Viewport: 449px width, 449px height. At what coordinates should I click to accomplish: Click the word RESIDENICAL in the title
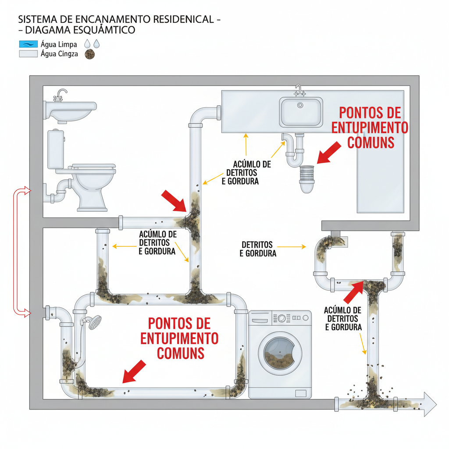click(182, 20)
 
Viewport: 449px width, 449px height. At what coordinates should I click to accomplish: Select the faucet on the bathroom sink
click(61, 94)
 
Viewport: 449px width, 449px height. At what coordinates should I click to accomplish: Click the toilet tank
click(56, 149)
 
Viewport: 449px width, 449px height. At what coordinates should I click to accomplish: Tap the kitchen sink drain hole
click(300, 105)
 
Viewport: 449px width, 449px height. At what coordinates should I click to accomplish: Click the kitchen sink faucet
click(300, 90)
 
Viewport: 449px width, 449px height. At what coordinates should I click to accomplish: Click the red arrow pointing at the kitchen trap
click(328, 153)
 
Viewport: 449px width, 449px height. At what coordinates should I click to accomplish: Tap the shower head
click(94, 323)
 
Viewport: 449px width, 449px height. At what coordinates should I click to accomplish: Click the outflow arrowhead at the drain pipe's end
click(428, 402)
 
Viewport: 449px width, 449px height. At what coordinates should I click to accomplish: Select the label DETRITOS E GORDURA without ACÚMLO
click(258, 249)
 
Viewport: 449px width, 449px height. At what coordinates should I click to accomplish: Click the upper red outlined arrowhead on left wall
click(27, 190)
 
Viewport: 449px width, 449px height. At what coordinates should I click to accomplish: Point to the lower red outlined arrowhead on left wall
click(27, 313)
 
